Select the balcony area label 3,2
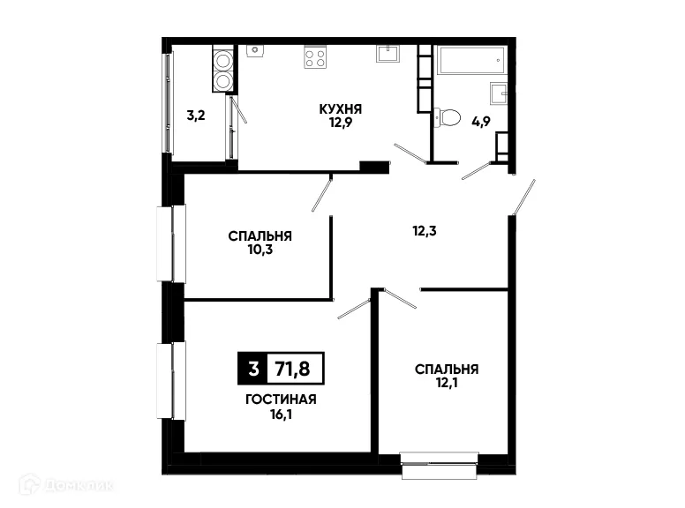click(196, 116)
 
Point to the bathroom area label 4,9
click(480, 123)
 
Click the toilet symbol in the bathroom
click(448, 116)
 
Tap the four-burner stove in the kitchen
click(315, 57)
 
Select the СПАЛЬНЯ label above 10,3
click(260, 236)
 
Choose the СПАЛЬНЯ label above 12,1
click(447, 369)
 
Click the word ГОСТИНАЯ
click(281, 399)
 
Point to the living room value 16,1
click(281, 413)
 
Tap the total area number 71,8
click(296, 367)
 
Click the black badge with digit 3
click(253, 367)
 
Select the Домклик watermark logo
click(67, 484)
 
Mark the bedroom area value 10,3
click(260, 250)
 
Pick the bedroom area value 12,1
click(447, 383)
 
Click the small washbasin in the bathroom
click(499, 92)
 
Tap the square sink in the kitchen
click(388, 55)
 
